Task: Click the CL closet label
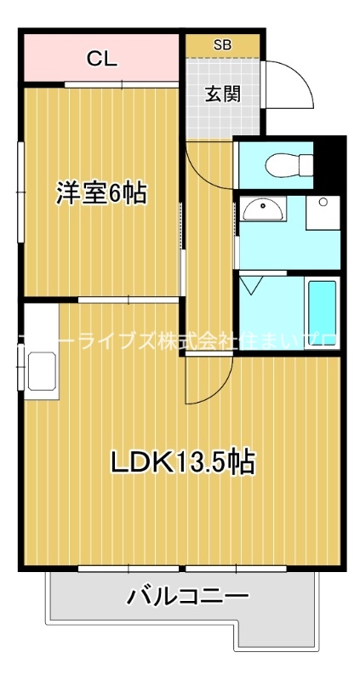(101, 60)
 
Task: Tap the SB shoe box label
(221, 44)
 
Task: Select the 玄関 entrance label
(222, 93)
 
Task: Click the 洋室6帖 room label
(101, 193)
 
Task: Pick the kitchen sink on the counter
(41, 372)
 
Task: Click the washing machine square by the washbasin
(323, 212)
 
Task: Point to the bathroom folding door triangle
(253, 283)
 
